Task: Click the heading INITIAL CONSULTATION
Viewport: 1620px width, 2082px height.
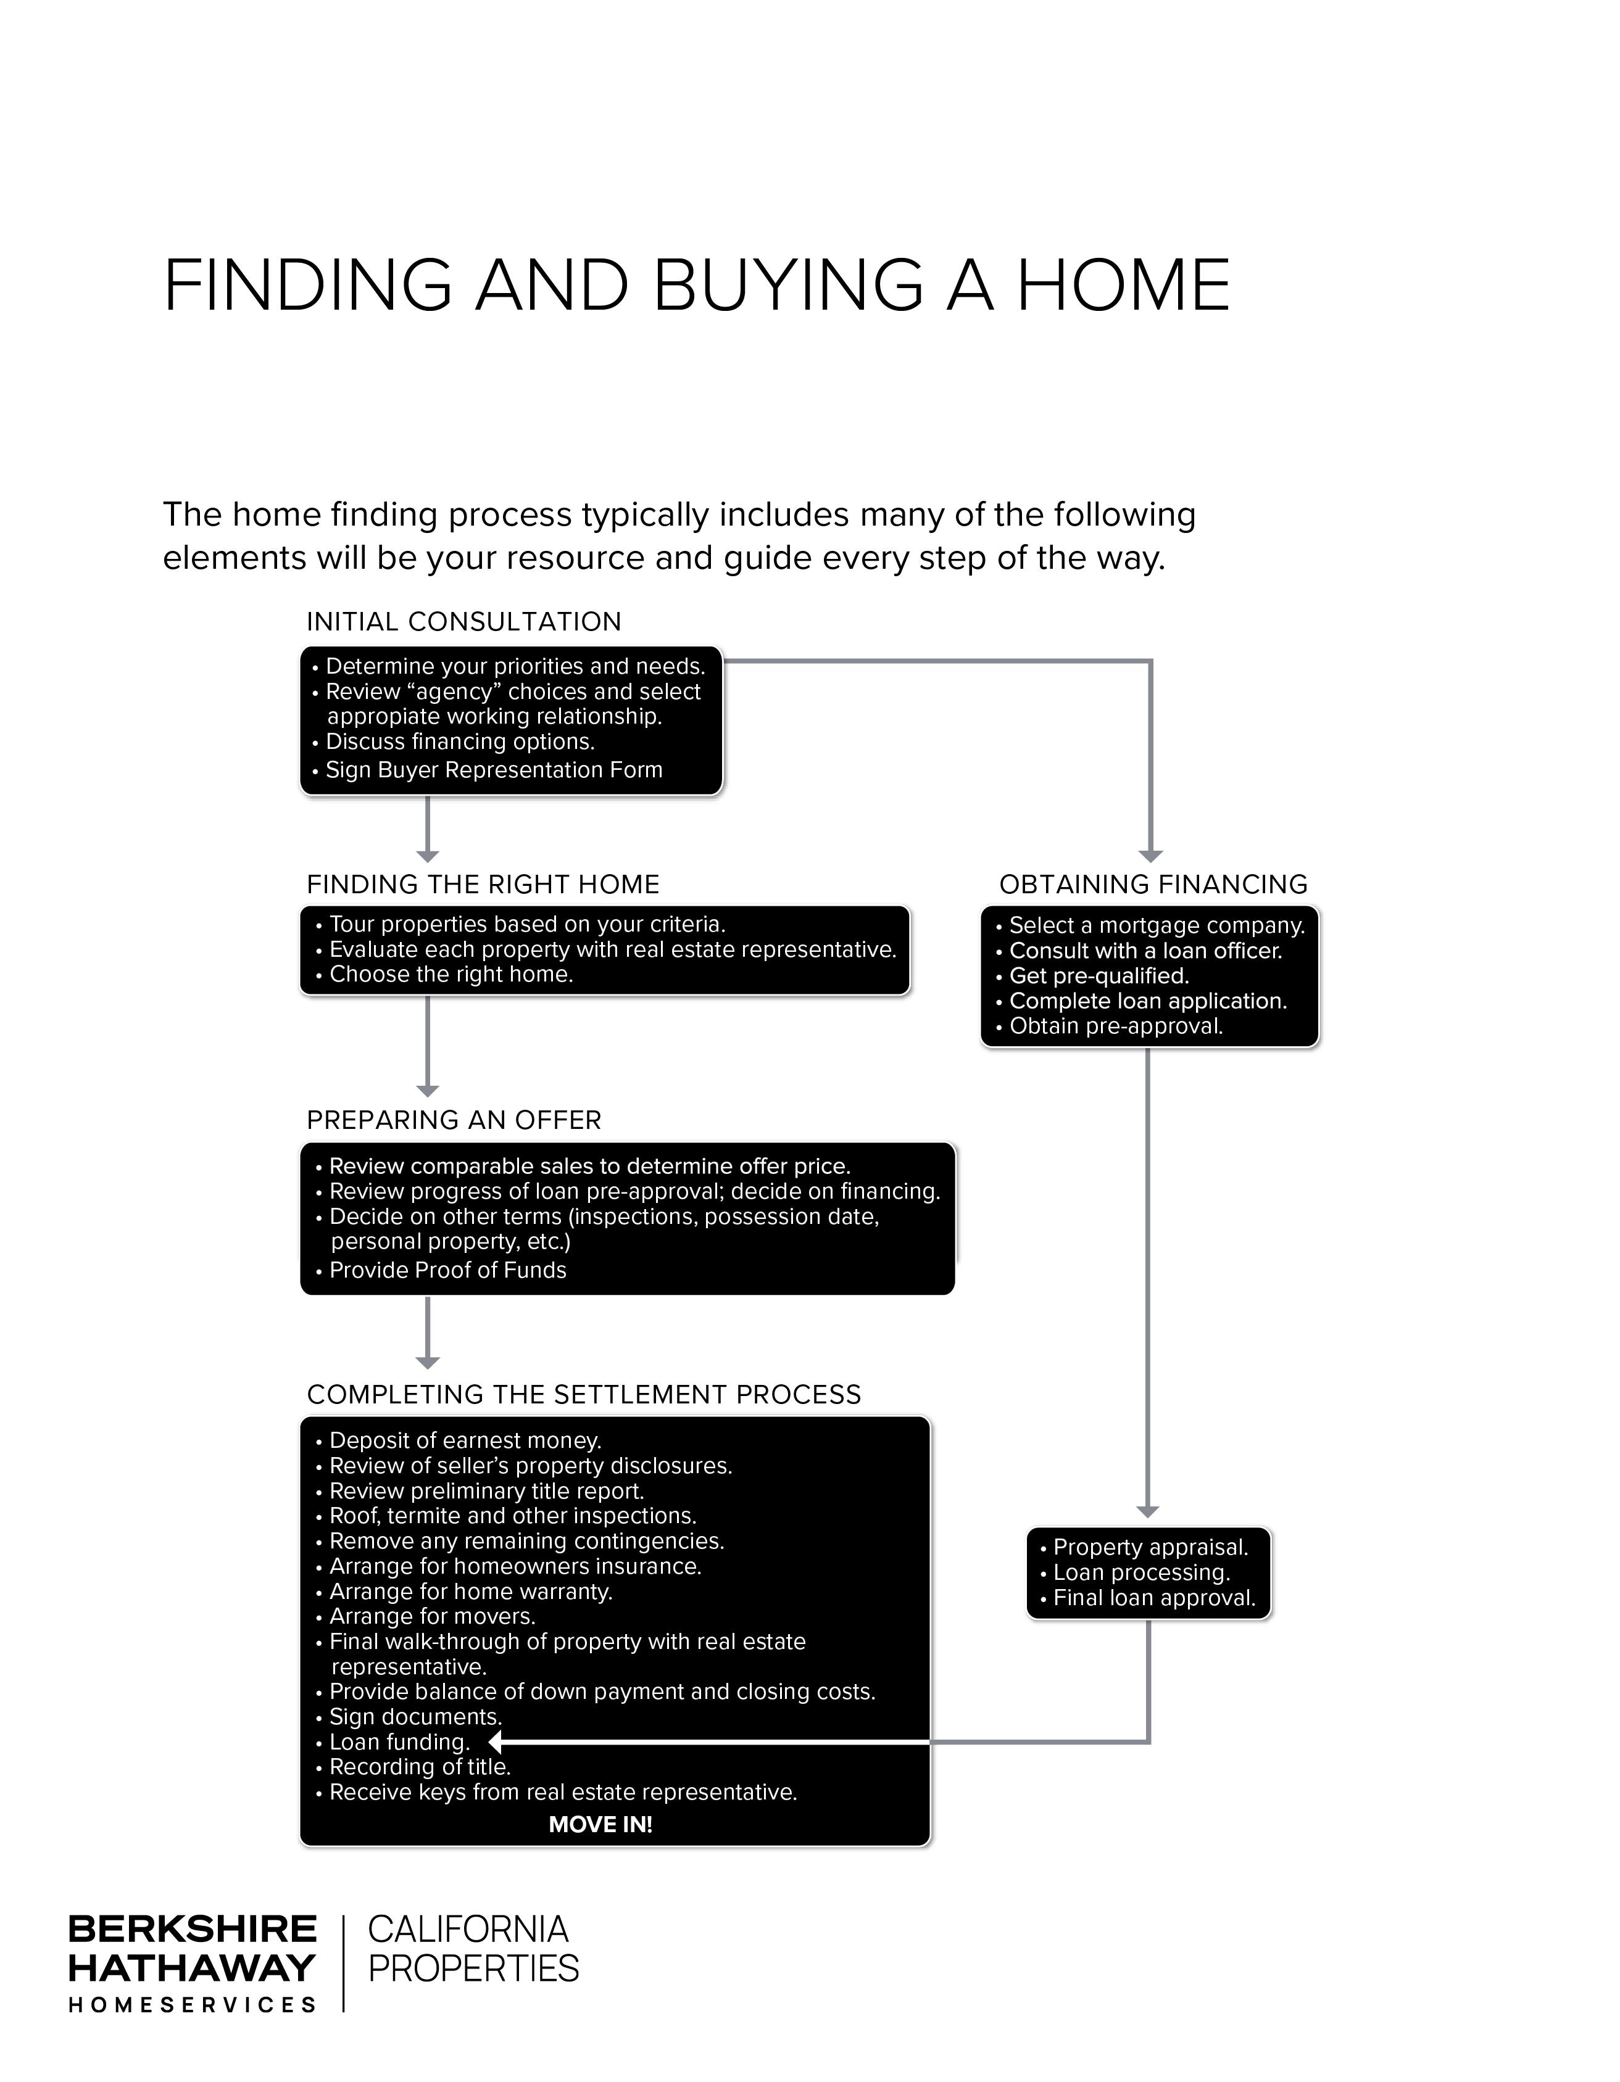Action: point(463,622)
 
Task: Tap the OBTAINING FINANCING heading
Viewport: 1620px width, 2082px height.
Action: point(1153,884)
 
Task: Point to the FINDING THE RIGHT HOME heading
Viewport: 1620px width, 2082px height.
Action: point(483,884)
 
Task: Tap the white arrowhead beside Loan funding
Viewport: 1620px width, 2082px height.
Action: point(496,1741)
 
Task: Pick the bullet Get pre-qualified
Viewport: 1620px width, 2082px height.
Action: point(1099,975)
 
